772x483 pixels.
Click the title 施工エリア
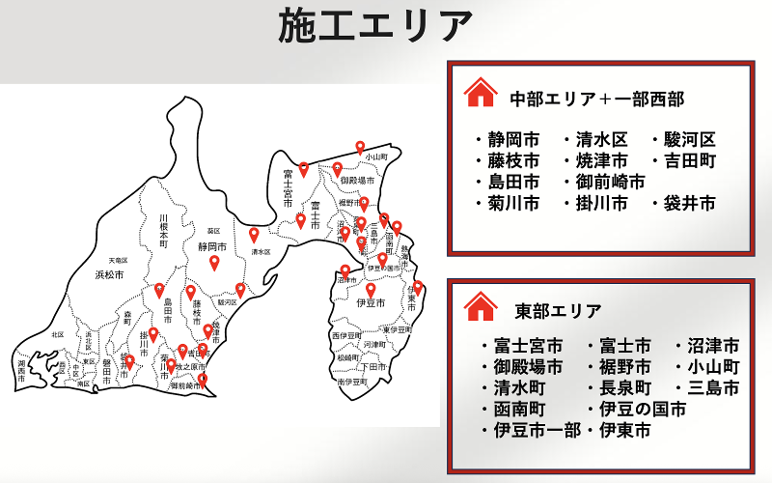[376, 27]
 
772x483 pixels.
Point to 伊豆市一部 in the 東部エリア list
[537, 431]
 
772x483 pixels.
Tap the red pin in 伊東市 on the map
[418, 287]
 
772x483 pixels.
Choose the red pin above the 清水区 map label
[255, 234]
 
